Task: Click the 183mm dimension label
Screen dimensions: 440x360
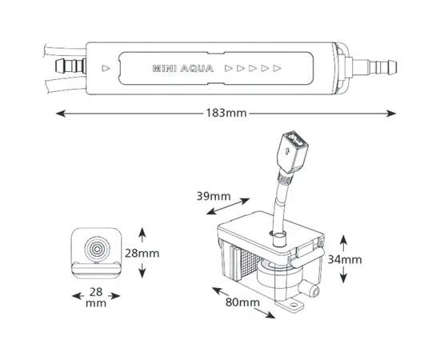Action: tap(226, 113)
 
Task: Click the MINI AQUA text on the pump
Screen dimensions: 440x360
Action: tap(183, 69)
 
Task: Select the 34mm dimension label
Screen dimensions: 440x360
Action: tap(345, 259)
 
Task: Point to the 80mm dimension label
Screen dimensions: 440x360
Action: tap(242, 302)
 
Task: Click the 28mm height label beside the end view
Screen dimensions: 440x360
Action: tap(142, 254)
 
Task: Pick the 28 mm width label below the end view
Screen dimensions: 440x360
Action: tap(96, 298)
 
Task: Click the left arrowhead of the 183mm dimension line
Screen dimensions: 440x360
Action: tap(61, 114)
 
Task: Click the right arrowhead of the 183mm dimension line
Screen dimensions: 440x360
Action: tap(391, 114)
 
